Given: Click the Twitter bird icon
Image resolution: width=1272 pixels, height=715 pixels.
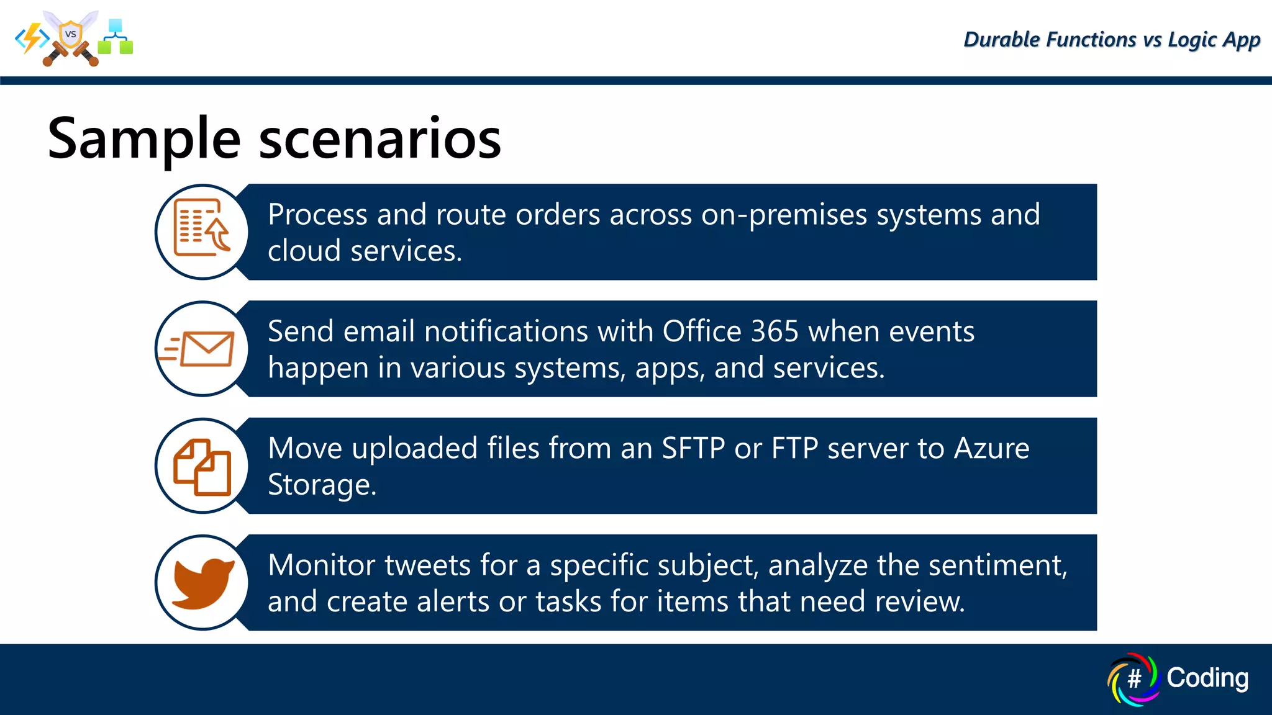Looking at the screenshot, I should (x=203, y=583).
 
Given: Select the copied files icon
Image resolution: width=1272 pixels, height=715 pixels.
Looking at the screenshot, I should (x=202, y=467).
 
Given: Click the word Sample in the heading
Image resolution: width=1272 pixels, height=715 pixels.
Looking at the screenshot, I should (x=144, y=139).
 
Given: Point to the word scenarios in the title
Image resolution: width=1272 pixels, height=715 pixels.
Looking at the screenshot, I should (x=379, y=139).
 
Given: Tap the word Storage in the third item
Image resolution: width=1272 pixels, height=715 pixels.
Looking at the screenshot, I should (x=321, y=485).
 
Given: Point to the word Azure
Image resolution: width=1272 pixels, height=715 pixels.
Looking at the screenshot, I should (x=991, y=448).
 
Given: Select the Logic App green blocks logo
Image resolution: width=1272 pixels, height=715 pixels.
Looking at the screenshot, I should (x=116, y=37).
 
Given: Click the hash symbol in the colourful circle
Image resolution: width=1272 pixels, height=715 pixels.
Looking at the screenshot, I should (x=1134, y=679).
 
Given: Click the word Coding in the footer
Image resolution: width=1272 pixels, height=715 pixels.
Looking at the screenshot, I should (x=1207, y=678).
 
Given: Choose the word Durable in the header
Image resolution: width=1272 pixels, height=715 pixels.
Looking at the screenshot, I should (x=1001, y=40).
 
